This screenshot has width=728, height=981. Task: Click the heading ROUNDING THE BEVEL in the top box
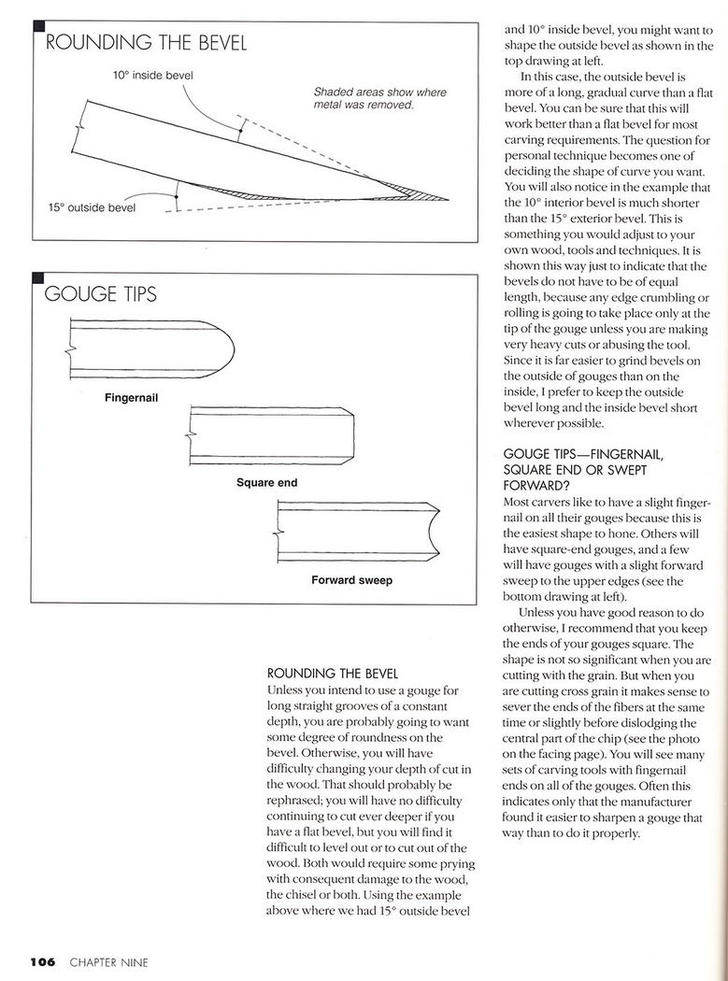pos(146,43)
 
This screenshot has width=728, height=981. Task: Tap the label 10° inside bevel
pos(153,74)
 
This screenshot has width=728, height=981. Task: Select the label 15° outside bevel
pos(92,206)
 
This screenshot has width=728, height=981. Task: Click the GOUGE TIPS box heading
pos(101,295)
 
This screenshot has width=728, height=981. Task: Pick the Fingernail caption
pos(131,398)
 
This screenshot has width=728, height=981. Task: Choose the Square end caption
pos(266,483)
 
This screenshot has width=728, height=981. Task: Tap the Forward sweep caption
pos(351,580)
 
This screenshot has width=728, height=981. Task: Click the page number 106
pos(43,961)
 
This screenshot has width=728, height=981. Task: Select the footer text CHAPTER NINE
pos(108,961)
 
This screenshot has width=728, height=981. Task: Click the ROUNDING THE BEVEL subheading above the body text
pos(333,673)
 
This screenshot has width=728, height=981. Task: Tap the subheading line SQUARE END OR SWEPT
pos(563,470)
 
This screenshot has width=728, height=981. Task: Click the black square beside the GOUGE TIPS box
pos(38,278)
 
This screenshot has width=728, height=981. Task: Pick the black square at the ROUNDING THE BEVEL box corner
pos(38,28)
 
